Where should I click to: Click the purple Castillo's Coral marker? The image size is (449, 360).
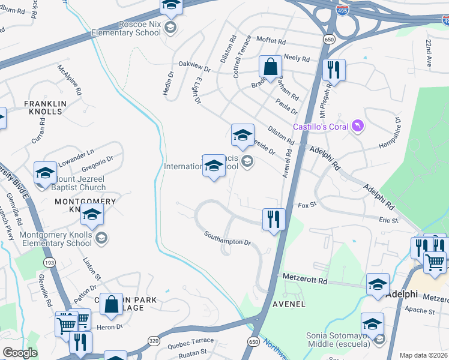coord(358,125)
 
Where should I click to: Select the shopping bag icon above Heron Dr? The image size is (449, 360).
coord(111,304)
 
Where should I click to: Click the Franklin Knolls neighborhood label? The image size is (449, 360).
coord(43,107)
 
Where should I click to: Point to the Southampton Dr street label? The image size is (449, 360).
coord(227,238)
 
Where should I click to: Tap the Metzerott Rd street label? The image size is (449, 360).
coord(306,280)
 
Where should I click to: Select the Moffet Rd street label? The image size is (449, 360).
coord(273,41)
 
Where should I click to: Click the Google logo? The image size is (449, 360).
coord(19,353)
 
